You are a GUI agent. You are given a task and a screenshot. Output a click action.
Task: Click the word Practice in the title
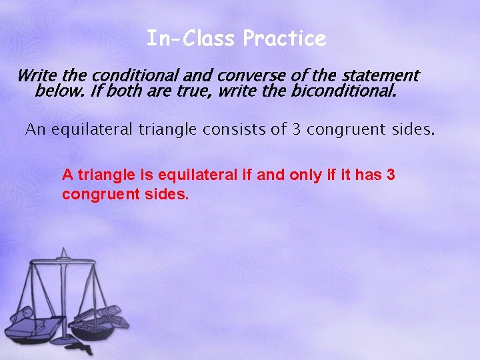point(285,39)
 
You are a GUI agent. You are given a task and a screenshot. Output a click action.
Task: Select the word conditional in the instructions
point(135,76)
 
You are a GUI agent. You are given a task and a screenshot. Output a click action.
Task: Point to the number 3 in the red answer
point(391,175)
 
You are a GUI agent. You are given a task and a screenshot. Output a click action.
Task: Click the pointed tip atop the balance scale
point(65,250)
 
